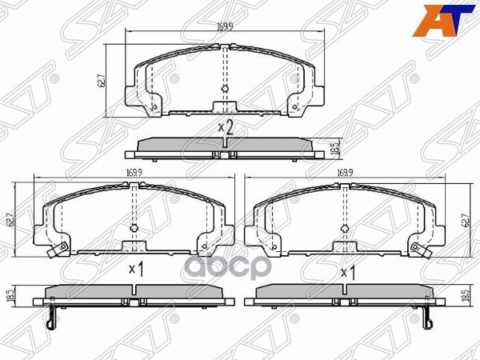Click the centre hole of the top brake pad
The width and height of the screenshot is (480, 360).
224,89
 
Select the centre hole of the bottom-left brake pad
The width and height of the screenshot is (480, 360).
134,227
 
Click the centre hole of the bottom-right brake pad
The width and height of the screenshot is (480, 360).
346,227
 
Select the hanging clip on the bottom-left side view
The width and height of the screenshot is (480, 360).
50,317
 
